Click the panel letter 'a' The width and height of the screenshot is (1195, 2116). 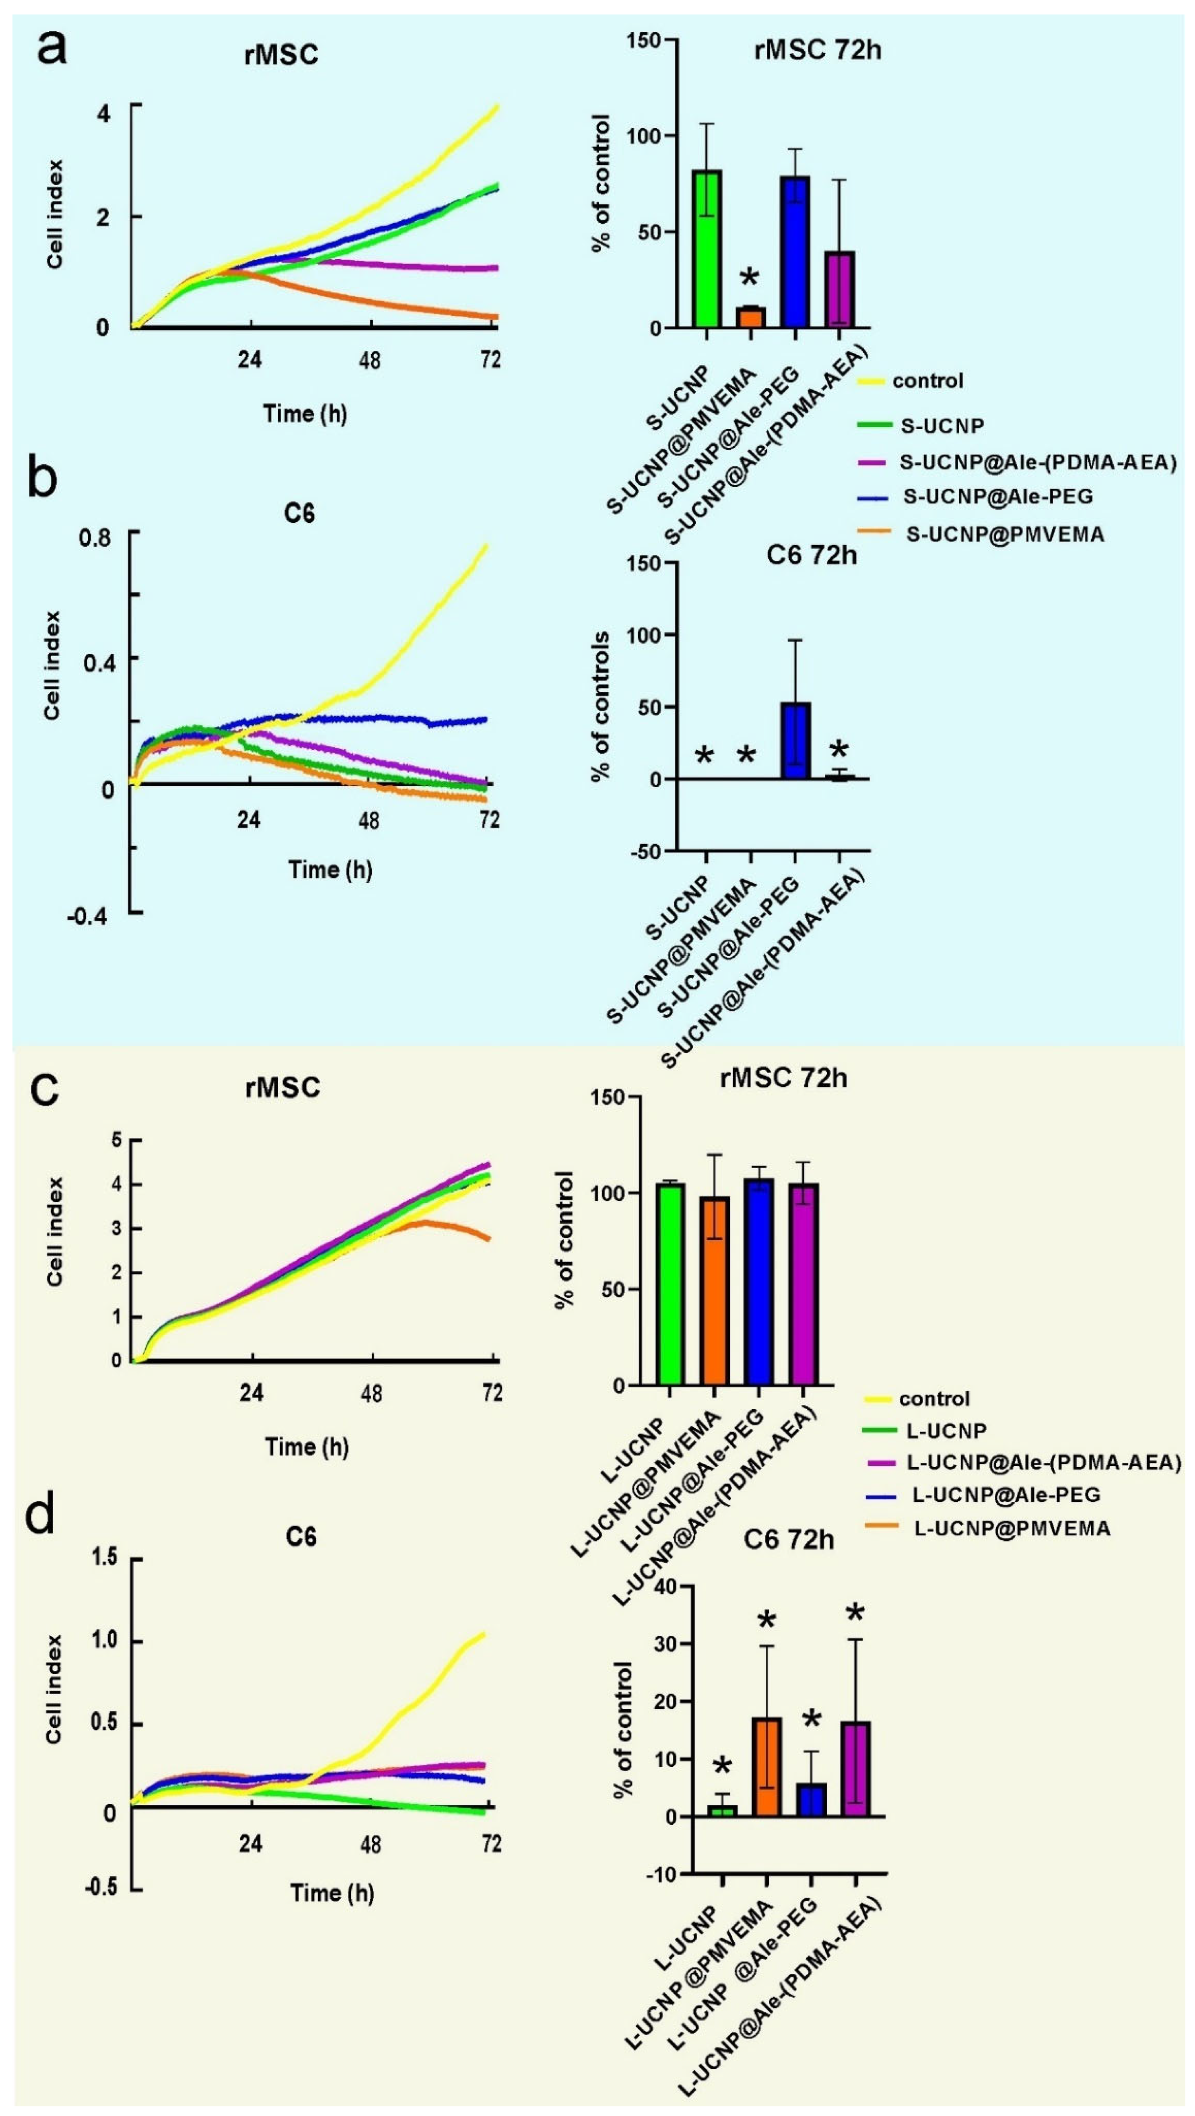tap(51, 49)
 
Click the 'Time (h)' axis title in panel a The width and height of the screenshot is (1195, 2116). tap(305, 413)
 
